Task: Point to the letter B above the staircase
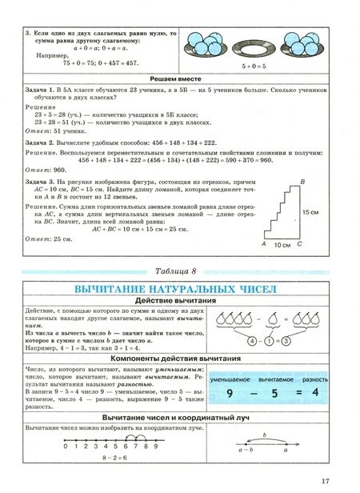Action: [301, 181]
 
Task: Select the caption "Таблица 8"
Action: [178, 268]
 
